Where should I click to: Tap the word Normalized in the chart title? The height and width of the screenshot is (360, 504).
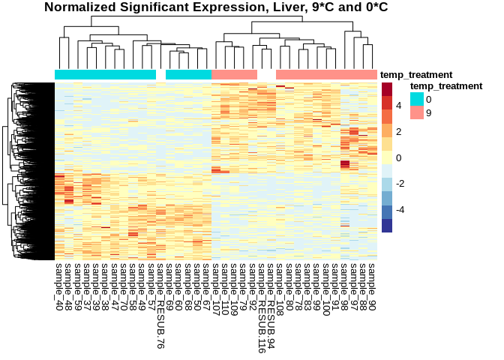tap(80, 7)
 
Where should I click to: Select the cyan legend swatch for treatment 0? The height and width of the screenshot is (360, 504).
tap(416, 99)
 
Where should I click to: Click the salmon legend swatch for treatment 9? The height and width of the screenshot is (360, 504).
tap(416, 112)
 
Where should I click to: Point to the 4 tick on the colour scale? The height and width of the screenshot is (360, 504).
tap(398, 106)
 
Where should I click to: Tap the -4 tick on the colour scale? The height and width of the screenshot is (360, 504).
tap(400, 209)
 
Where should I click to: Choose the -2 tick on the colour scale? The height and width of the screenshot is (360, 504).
tap(400, 184)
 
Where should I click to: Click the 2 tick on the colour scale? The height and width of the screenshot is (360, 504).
tap(398, 132)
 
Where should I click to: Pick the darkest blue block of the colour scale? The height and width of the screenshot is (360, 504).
tap(387, 226)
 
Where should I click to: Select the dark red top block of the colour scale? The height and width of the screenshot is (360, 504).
tap(387, 89)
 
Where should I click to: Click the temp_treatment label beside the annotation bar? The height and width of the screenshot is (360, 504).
tap(416, 74)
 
